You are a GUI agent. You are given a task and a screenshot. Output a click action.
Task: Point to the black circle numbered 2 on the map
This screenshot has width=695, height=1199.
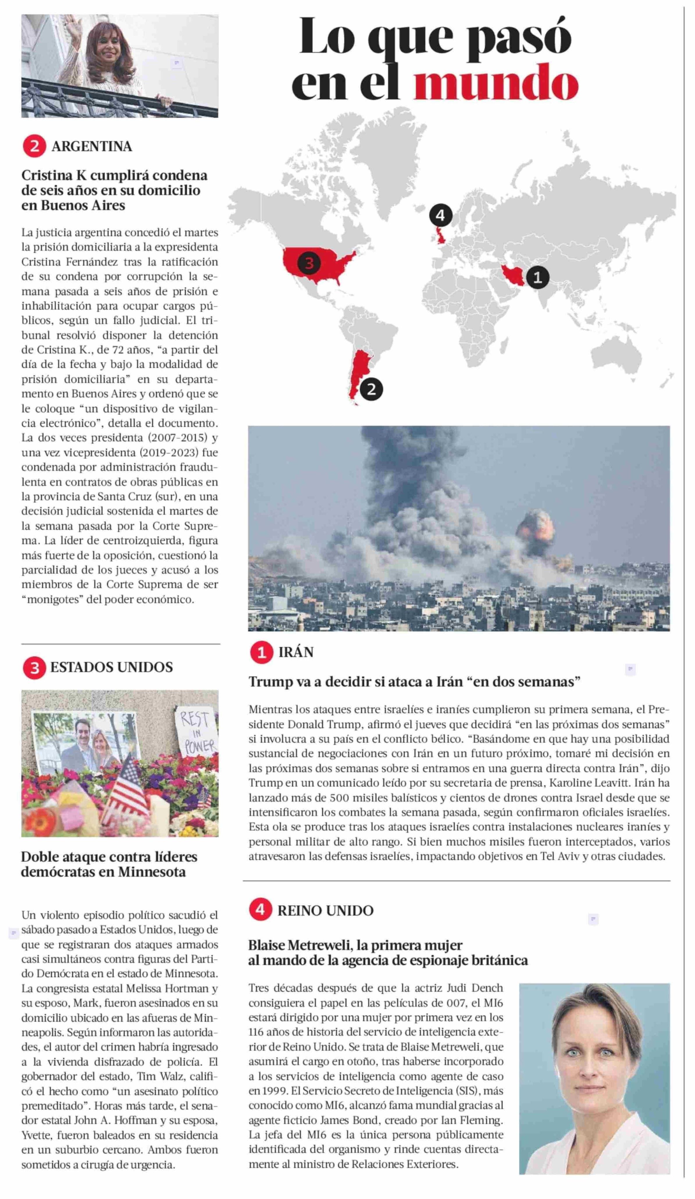pyautogui.click(x=371, y=389)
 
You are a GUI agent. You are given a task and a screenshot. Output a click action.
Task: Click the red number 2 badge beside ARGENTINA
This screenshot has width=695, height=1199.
pyautogui.click(x=34, y=146)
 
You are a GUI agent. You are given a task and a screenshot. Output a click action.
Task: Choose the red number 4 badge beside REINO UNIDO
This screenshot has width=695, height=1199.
pyautogui.click(x=260, y=910)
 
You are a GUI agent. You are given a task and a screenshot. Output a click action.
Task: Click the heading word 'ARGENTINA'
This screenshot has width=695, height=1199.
pyautogui.click(x=92, y=146)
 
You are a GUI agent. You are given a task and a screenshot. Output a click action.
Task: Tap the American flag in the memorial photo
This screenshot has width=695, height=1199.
pyautogui.click(x=125, y=787)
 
